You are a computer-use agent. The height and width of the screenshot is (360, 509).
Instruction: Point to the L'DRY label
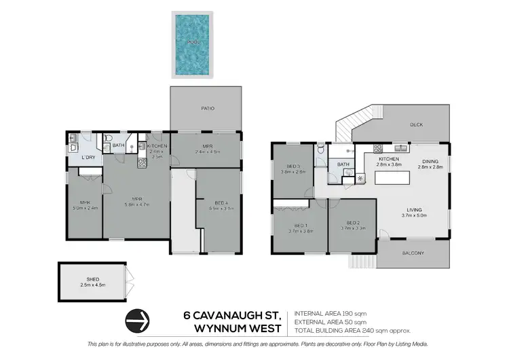coord(88,158)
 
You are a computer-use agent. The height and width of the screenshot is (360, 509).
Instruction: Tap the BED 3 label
coord(293,166)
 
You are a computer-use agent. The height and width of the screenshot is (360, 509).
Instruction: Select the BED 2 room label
coord(352,222)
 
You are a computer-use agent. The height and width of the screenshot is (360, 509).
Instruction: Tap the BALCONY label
coord(413,253)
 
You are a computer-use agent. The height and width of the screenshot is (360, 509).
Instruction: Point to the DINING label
coord(430,160)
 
